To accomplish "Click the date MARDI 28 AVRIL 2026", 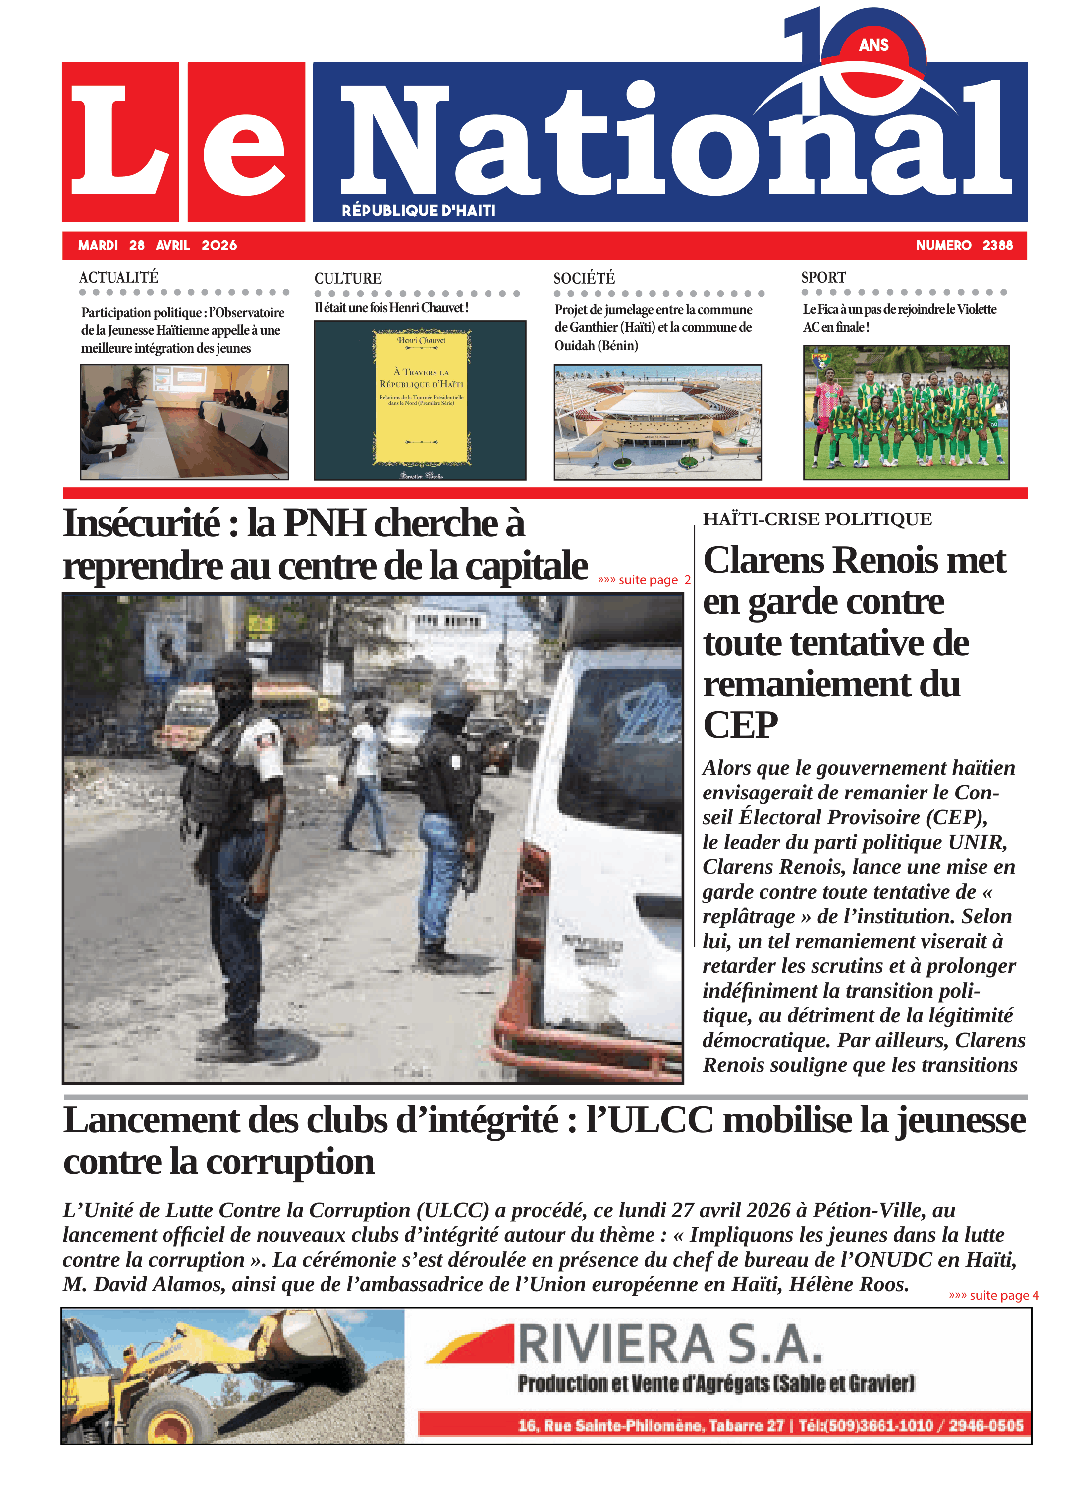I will [x=157, y=245].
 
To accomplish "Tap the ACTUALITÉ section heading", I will [x=119, y=278].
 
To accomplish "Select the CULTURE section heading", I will [x=348, y=278].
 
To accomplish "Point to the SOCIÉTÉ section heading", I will [x=584, y=278].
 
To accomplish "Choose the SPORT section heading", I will [x=823, y=278].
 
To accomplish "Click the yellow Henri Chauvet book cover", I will [x=421, y=398].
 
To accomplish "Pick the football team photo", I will [x=905, y=412].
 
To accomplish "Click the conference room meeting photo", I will [x=184, y=422].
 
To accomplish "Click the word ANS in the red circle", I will [x=873, y=45].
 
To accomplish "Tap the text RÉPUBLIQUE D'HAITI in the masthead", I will [x=418, y=211].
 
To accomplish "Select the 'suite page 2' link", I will [x=643, y=580].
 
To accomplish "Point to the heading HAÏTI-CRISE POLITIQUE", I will [x=817, y=519].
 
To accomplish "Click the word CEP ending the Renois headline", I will [x=740, y=725].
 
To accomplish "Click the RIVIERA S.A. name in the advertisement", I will [x=670, y=1345].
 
